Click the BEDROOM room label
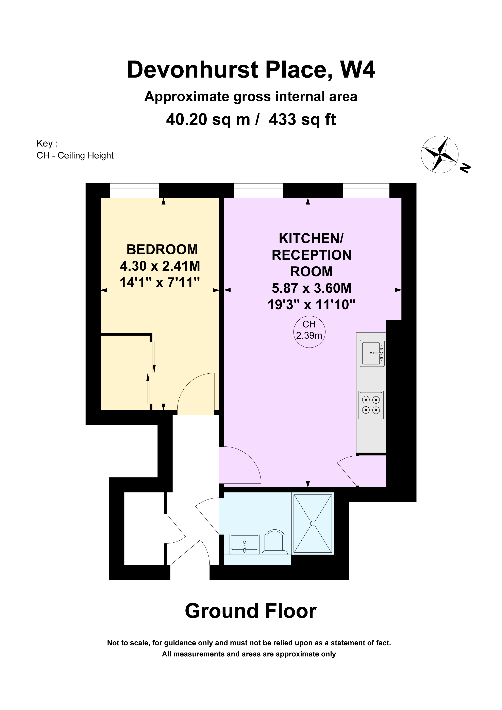162,250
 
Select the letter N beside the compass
465,168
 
